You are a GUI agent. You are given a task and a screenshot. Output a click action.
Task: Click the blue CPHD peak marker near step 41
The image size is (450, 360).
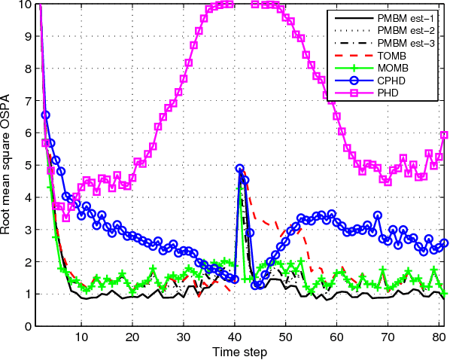[240, 169]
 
